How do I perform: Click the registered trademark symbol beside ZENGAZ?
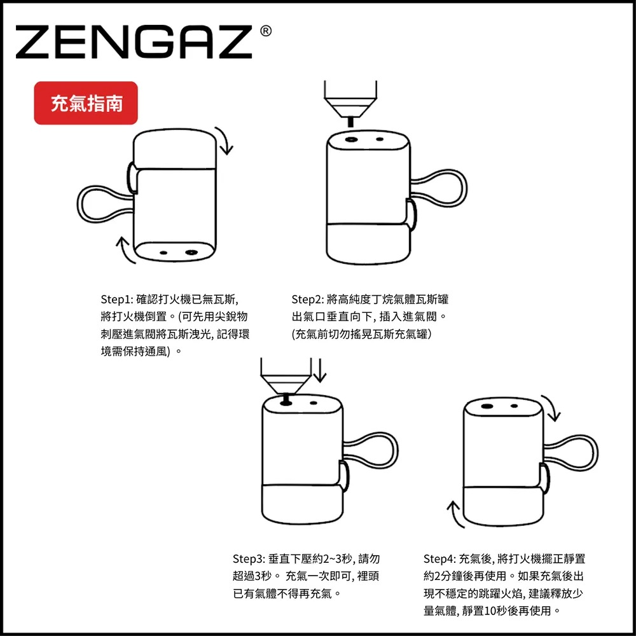pyautogui.click(x=266, y=31)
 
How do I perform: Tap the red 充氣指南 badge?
pyautogui.click(x=86, y=103)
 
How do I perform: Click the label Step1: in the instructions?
pyautogui.click(x=116, y=299)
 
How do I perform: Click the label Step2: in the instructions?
pyautogui.click(x=307, y=299)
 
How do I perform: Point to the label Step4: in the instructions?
pyautogui.click(x=439, y=559)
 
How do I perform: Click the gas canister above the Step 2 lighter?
pyautogui.click(x=349, y=95)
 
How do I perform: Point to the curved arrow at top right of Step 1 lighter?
pyautogui.click(x=226, y=140)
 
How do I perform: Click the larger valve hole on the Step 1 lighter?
pyautogui.click(x=190, y=252)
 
